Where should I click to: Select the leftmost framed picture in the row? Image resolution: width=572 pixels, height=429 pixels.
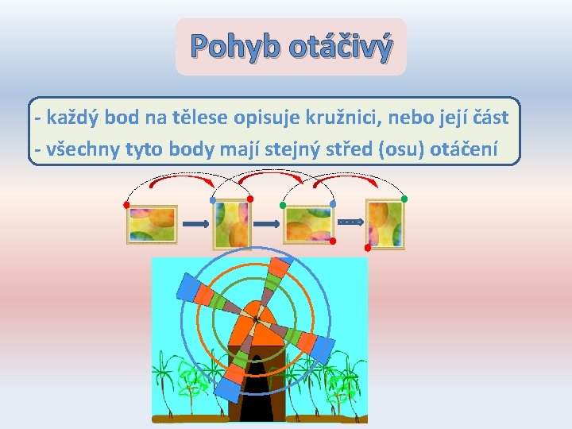pyautogui.click(x=151, y=224)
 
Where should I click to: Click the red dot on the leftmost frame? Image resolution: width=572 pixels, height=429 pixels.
pyautogui.click(x=126, y=205)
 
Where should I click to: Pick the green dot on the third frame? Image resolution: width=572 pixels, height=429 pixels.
pyautogui.click(x=284, y=206)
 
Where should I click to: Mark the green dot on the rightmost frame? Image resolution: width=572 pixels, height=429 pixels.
pyautogui.click(x=404, y=198)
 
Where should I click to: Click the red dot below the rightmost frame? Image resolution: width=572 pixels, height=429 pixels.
pyautogui.click(x=367, y=248)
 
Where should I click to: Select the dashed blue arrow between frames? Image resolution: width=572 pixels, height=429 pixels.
pyautogui.click(x=350, y=221)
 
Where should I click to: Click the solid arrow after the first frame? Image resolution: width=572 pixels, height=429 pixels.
pyautogui.click(x=195, y=225)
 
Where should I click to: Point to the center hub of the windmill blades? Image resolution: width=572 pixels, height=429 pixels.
pyautogui.click(x=256, y=319)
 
